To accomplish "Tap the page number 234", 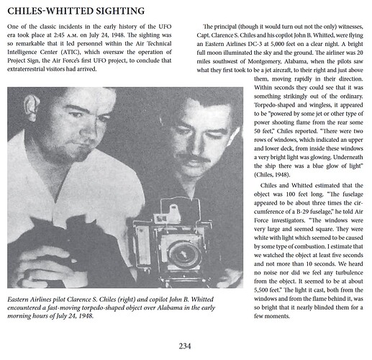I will click(x=186, y=344).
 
